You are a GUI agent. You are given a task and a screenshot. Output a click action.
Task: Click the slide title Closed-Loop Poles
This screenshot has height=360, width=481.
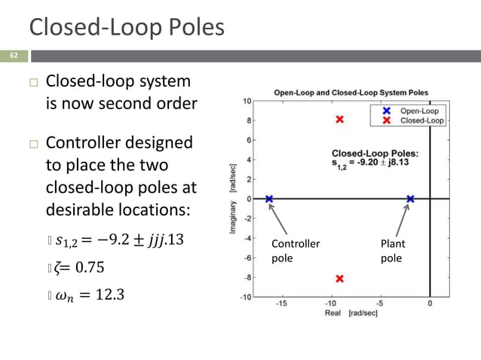point(127,27)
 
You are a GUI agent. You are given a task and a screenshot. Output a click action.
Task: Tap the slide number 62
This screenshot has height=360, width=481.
point(14,56)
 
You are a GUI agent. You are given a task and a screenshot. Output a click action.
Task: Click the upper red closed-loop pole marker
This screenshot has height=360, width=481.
point(340,119)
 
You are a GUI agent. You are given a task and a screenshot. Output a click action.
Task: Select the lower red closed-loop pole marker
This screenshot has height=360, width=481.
point(340,279)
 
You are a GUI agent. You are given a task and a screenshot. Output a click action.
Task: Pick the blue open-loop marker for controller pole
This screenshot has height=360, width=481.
point(269,199)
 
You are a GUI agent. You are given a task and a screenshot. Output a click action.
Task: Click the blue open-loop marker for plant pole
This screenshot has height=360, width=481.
point(410,199)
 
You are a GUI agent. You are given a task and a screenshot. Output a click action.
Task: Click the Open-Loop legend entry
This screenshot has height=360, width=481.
point(419,111)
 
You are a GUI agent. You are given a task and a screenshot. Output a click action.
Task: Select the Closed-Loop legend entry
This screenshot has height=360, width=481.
point(421,120)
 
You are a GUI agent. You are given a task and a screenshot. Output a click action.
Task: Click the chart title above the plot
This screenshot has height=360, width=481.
point(350,93)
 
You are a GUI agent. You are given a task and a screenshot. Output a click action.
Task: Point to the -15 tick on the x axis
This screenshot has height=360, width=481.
point(280,304)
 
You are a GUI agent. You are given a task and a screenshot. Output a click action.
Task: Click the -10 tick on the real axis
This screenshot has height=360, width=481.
point(330,304)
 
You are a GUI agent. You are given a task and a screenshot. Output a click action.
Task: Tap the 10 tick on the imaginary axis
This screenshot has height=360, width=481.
point(247,101)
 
